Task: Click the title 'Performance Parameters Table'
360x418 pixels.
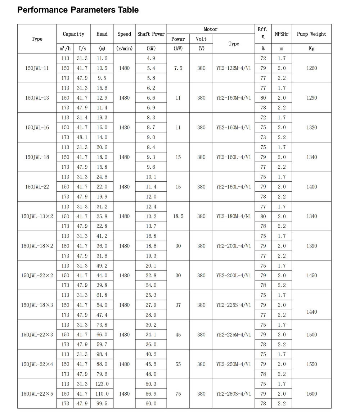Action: coord(78,10)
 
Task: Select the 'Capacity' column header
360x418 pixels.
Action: coord(73,34)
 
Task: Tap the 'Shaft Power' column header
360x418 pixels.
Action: coord(151,34)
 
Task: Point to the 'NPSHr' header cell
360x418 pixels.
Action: coord(282,34)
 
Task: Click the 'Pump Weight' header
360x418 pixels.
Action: coord(311,34)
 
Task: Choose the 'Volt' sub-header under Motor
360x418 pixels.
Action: coord(201,39)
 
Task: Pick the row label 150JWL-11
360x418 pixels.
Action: coord(37,68)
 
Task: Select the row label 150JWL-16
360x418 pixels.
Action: coord(37,127)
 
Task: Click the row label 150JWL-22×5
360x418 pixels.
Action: coord(37,394)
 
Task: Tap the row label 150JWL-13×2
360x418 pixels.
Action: coord(37,216)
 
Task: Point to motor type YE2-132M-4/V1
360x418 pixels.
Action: coord(234,68)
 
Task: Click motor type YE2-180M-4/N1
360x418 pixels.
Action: coord(234,216)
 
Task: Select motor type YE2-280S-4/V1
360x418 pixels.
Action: coord(234,394)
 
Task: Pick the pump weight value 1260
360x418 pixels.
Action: coord(312,68)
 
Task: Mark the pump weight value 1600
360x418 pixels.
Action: coord(312,394)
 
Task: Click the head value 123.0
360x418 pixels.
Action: coord(102,384)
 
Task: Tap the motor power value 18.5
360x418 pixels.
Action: coord(178,216)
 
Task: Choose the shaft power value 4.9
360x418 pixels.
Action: coord(151,58)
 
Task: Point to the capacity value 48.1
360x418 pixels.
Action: coord(82,137)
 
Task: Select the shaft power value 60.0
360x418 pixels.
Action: coord(151,404)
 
